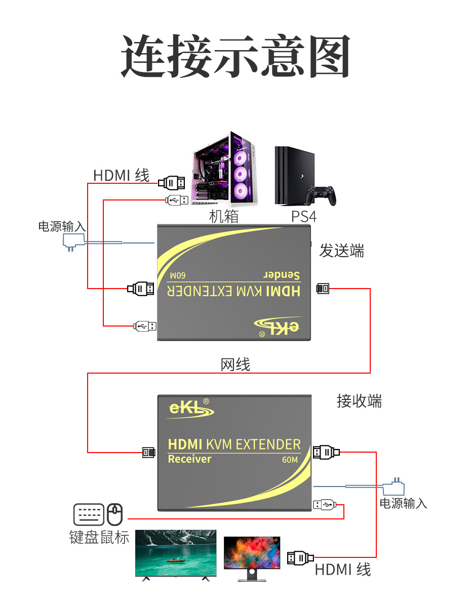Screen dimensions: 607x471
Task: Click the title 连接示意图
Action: point(235,56)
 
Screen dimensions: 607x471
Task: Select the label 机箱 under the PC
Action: point(223,217)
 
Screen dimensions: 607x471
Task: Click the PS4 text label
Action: point(304,217)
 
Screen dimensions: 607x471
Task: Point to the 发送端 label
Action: point(341,251)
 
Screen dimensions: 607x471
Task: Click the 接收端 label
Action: point(359,401)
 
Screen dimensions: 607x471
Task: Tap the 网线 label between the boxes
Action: point(235,365)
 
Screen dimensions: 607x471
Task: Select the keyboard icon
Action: point(89,514)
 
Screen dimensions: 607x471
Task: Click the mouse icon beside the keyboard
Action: point(115,514)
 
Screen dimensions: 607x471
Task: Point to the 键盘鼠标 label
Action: point(99,537)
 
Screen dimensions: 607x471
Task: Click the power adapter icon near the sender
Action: point(73,241)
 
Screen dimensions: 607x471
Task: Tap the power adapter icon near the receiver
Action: point(394,488)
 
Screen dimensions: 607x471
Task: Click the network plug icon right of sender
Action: point(323,289)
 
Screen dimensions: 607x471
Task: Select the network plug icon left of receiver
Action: point(148,452)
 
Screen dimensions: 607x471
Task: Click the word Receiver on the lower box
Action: point(189,459)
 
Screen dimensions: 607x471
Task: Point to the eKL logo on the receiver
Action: point(187,409)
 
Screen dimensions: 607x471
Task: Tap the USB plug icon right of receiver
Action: point(324,505)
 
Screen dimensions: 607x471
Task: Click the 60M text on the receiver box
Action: point(290,460)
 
